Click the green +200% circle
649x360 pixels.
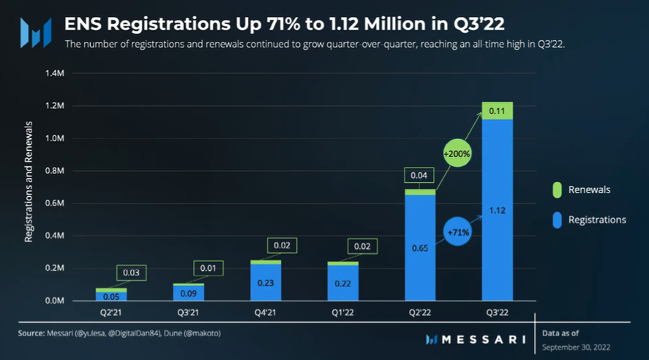pos(457,154)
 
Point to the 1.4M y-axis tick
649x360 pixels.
pos(56,74)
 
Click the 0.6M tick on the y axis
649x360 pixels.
pos(56,203)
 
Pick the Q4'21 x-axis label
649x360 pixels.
pos(265,312)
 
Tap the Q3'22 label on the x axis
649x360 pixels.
pos(497,312)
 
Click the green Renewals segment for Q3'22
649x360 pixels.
pos(497,110)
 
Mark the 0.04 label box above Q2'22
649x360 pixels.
pos(419,176)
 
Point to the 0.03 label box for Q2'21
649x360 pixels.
pos(132,273)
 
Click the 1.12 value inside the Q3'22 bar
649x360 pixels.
pos(497,210)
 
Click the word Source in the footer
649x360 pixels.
pos(31,334)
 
